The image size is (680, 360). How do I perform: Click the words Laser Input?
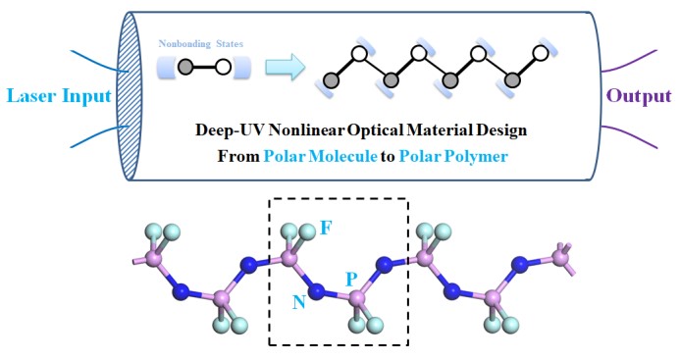click(59, 96)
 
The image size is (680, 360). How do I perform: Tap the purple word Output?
click(639, 96)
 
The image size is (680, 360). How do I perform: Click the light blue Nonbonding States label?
click(201, 44)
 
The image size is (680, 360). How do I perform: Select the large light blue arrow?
click(286, 67)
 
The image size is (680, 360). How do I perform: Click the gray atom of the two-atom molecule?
click(185, 67)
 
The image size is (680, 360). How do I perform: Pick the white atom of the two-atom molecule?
click(223, 68)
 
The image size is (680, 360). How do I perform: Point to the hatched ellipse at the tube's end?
click(130, 95)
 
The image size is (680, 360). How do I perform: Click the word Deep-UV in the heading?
click(230, 129)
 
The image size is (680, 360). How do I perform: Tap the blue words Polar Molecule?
click(321, 156)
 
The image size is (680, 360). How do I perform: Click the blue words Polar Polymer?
click(453, 156)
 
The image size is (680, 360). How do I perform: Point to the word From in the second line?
click(238, 156)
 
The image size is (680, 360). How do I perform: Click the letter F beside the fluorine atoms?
click(326, 228)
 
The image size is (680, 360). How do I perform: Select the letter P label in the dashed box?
click(351, 280)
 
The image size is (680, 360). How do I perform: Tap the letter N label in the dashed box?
click(299, 302)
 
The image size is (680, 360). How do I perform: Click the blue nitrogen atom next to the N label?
click(317, 290)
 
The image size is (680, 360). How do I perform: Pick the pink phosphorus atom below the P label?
click(357, 298)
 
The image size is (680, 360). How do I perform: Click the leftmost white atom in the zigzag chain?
click(359, 54)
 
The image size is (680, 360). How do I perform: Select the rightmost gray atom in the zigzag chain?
click(512, 80)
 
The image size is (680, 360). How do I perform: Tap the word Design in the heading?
click(503, 130)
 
